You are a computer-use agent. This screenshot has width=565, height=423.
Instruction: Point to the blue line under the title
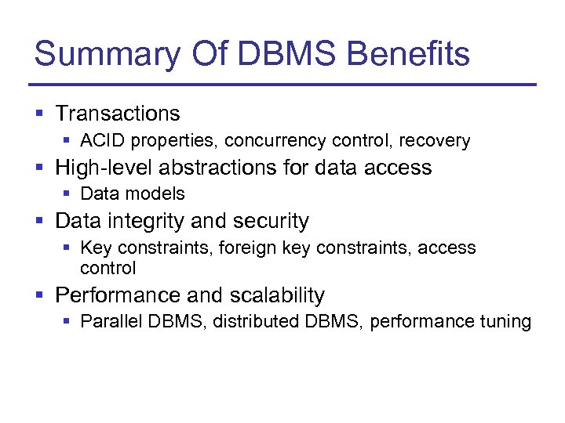pyautogui.click(x=282, y=85)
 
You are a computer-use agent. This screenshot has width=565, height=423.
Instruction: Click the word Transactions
pyautogui.click(x=118, y=114)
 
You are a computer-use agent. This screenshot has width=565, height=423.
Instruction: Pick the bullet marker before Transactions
pyautogui.click(x=39, y=114)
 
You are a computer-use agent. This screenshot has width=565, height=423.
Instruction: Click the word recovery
pyautogui.click(x=435, y=141)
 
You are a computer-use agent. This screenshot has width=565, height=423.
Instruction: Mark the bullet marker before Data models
pyautogui.click(x=67, y=194)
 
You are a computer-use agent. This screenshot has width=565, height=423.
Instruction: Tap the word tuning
pyautogui.click(x=505, y=322)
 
